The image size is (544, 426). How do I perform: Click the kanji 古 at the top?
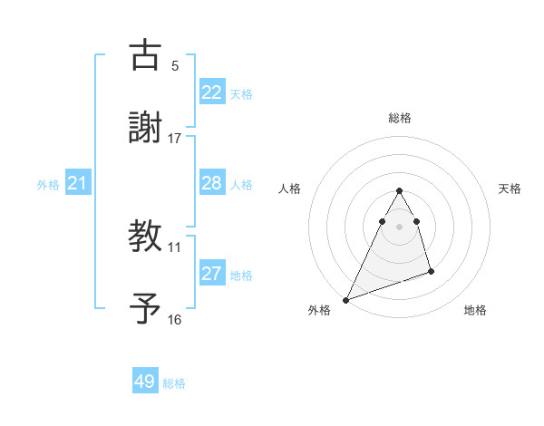(145, 55)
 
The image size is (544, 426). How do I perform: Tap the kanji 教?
(145, 236)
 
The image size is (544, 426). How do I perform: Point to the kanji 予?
(145, 307)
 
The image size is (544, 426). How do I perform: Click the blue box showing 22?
(211, 92)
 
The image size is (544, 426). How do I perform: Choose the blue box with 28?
(211, 183)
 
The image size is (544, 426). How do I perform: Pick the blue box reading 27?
(211, 274)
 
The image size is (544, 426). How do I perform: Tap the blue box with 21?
(77, 184)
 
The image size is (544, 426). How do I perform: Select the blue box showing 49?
(145, 382)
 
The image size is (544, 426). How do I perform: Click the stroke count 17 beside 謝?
(175, 139)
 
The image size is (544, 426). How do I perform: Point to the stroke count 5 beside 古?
(175, 66)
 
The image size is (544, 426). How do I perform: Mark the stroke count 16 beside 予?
(175, 319)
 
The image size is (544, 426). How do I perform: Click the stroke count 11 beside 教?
(175, 247)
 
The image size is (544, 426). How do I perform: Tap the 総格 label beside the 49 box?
(174, 383)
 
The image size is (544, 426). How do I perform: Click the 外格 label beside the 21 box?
(48, 185)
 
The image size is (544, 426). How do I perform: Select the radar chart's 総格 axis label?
(399, 118)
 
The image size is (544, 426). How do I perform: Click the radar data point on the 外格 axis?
(345, 299)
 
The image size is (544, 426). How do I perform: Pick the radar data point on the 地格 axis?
(431, 271)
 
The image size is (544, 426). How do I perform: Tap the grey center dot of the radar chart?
(399, 227)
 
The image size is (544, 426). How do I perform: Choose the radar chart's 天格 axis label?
(510, 189)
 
